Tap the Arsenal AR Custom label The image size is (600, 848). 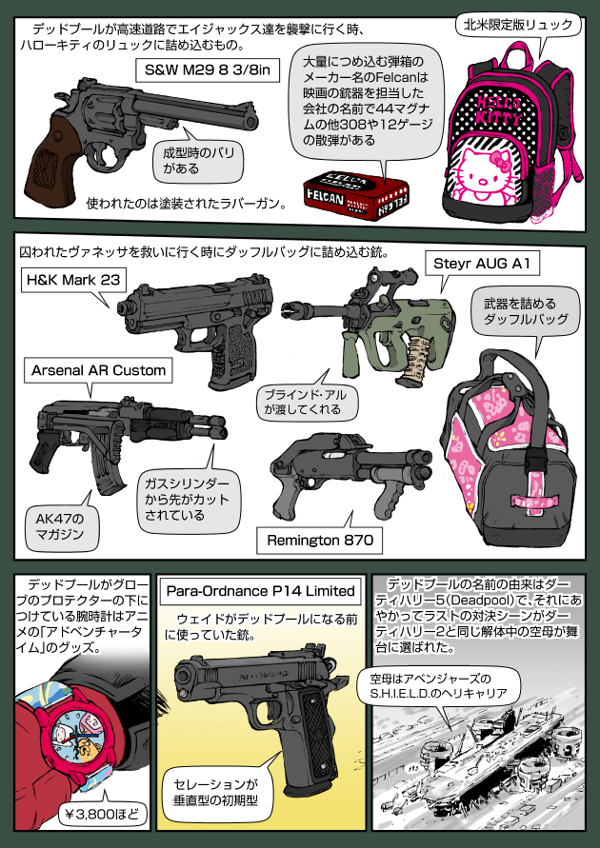tap(99, 369)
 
